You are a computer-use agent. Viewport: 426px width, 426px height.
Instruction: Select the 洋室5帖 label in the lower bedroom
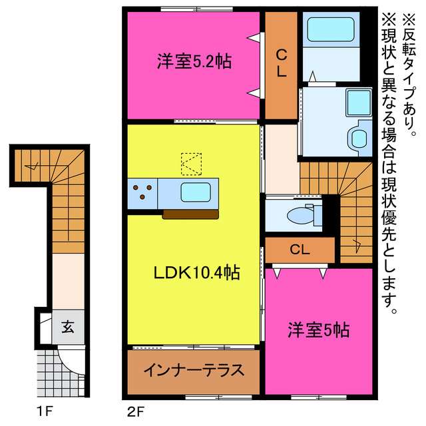(319, 329)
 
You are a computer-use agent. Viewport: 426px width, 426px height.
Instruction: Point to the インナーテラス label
(193, 370)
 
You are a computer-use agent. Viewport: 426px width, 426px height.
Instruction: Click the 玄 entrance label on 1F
(68, 327)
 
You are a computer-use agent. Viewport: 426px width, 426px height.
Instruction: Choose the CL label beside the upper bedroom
(282, 63)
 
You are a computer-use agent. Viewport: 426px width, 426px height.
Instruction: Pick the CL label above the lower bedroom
(300, 250)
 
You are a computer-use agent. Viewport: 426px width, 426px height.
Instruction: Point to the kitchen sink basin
(197, 192)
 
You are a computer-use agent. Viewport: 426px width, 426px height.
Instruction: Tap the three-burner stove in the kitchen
(142, 192)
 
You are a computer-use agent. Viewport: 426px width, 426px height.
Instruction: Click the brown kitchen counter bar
(190, 214)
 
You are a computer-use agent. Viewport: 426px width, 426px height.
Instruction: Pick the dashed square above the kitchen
(191, 161)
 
